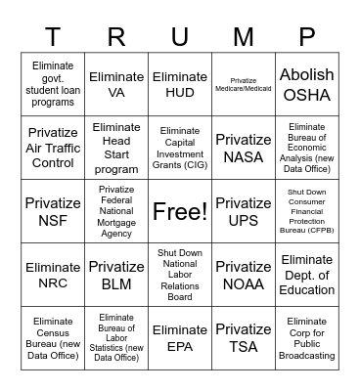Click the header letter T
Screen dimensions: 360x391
coord(53,37)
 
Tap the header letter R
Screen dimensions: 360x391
coord(116,37)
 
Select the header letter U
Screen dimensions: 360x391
coord(180,37)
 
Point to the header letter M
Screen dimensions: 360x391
coord(244,37)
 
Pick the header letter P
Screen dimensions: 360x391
coord(306,37)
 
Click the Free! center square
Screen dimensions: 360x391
coord(180,211)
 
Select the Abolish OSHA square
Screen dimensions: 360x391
coord(306,85)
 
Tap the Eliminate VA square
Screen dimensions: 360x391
coord(116,85)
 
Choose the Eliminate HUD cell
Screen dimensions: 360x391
coord(180,85)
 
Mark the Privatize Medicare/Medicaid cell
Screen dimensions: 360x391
coord(244,85)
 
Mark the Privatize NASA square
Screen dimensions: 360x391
coord(244,148)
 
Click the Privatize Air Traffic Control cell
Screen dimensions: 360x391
coord(53,148)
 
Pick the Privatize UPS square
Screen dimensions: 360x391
coord(244,211)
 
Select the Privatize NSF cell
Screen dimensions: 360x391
coord(53,211)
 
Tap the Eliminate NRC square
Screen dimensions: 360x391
coord(53,275)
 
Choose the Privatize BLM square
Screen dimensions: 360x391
coord(116,275)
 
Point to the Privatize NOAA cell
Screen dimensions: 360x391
coord(244,275)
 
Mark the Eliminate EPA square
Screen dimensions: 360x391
coord(180,337)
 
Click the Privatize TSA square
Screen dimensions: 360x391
coord(244,337)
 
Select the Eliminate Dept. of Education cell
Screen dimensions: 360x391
coord(306,275)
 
